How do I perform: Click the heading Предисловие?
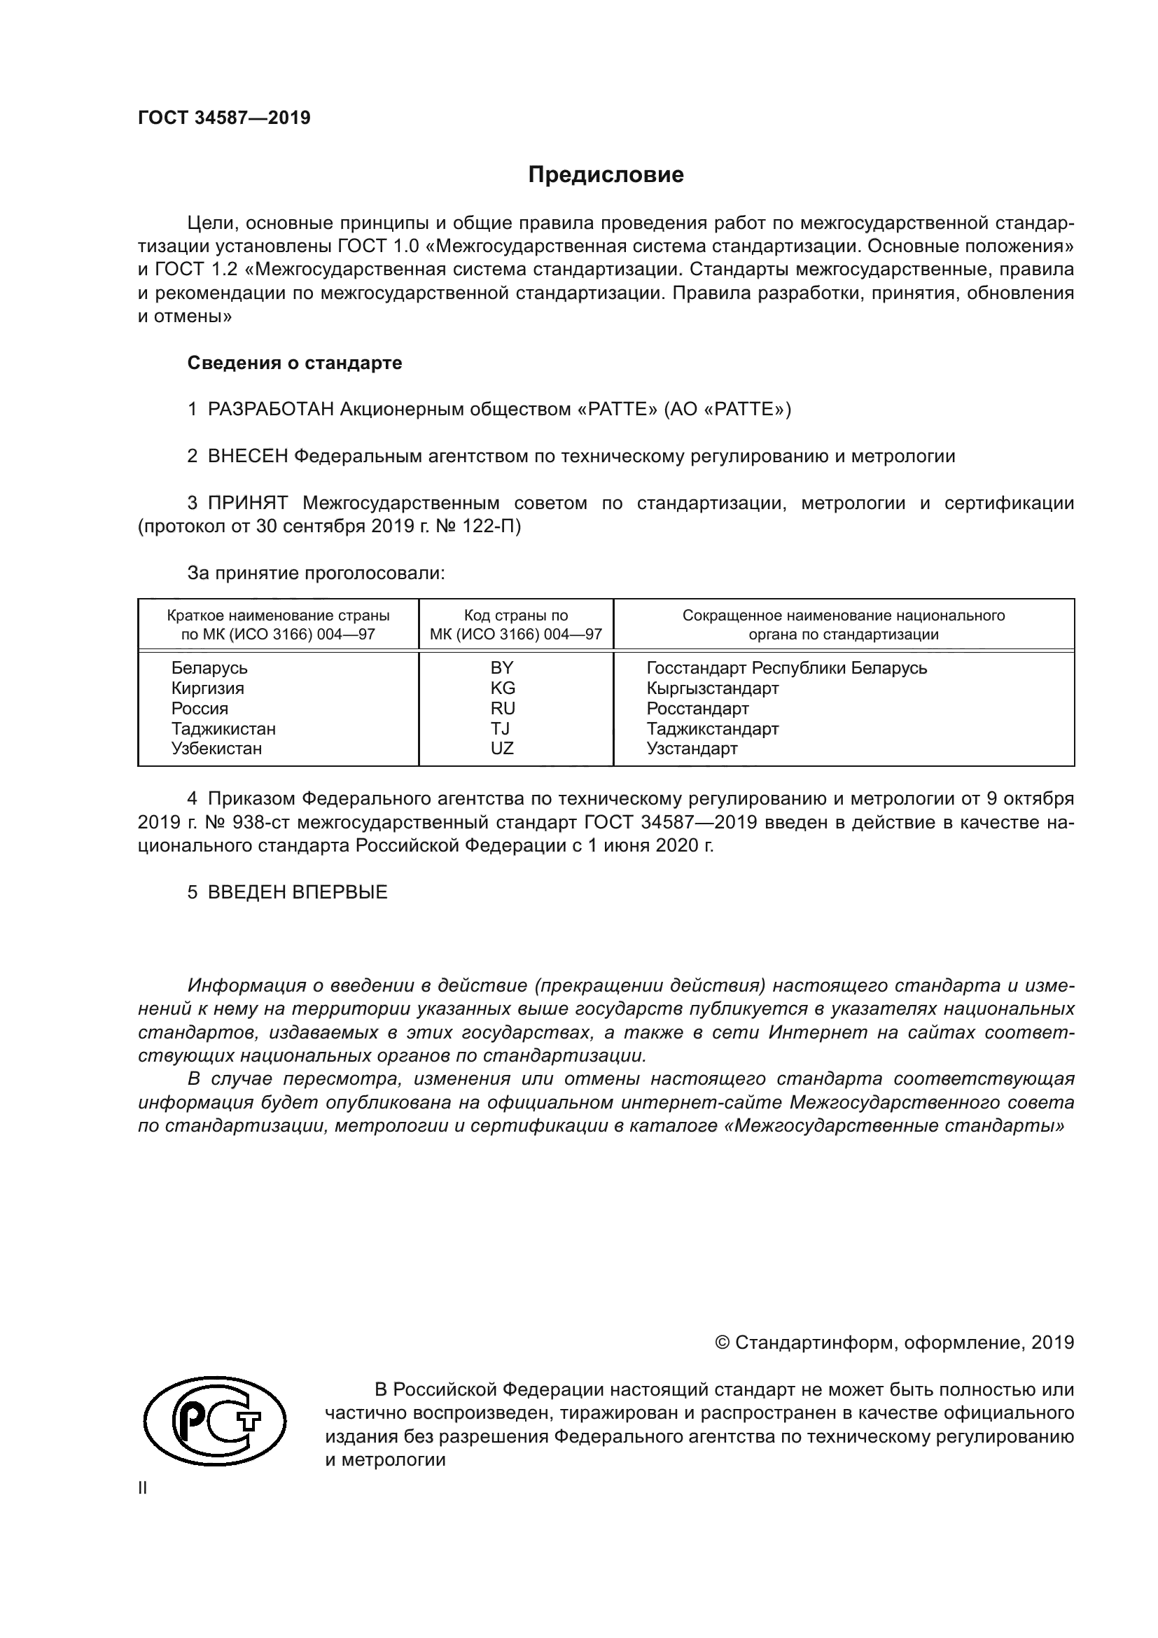click(x=606, y=175)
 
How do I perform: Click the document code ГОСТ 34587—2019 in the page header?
click(x=224, y=118)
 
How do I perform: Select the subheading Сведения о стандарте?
click(x=295, y=363)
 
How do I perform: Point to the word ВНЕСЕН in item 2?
click(x=247, y=457)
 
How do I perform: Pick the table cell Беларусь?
click(x=209, y=669)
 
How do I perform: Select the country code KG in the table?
click(x=502, y=688)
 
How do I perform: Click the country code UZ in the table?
click(x=502, y=749)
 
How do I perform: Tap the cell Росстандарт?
click(x=697, y=709)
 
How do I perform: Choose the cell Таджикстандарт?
click(x=712, y=728)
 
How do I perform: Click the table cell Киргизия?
click(x=207, y=688)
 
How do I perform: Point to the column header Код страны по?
click(x=515, y=616)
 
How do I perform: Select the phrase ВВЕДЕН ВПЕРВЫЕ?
click(x=298, y=892)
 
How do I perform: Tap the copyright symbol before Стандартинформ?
click(x=722, y=1343)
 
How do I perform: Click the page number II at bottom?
click(x=143, y=1488)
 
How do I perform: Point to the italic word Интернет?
click(x=822, y=1032)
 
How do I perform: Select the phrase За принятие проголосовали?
click(x=316, y=574)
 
